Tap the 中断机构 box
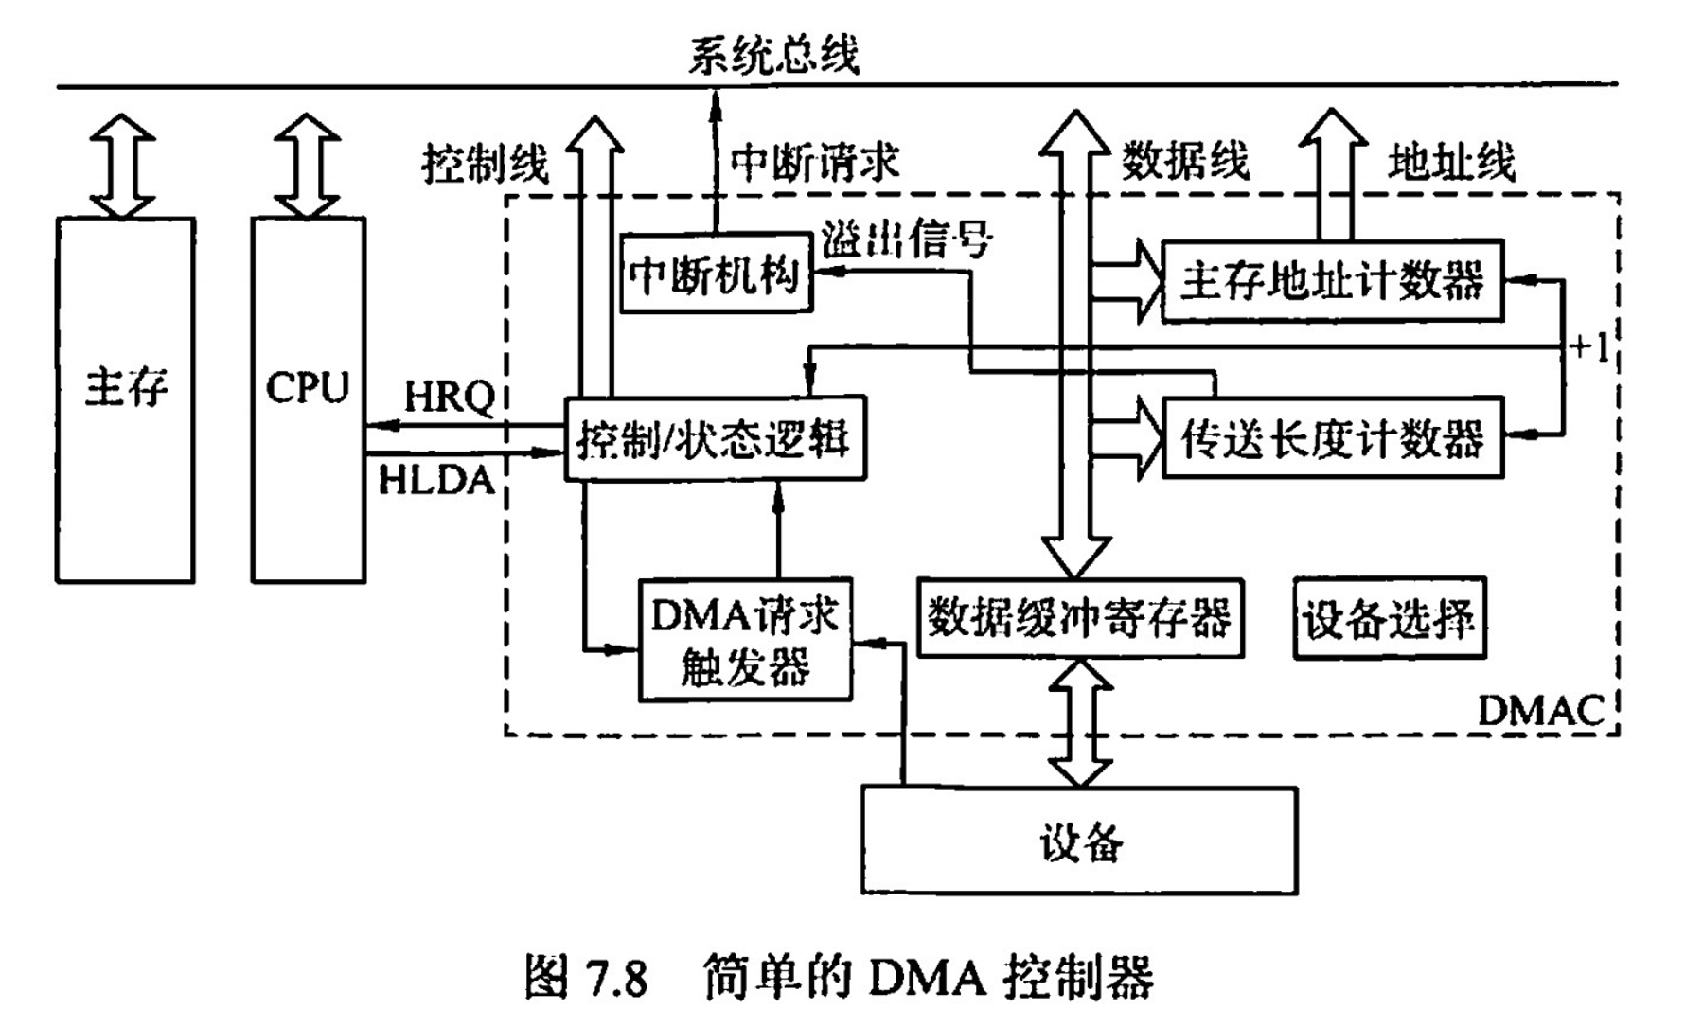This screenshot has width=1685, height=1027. [x=716, y=274]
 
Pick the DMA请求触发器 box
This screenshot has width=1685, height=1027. [x=745, y=640]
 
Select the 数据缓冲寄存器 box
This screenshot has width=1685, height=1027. [x=1079, y=618]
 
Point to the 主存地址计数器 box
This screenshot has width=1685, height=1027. [x=1331, y=280]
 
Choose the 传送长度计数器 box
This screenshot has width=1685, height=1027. [x=1331, y=438]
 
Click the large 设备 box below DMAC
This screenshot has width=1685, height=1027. [x=1079, y=841]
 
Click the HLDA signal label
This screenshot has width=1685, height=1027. [x=436, y=480]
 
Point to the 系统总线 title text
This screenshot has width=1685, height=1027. [x=772, y=54]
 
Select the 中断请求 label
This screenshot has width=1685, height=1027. [x=814, y=163]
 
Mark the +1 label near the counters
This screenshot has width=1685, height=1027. [x=1588, y=348]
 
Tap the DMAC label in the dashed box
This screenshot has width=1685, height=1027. [x=1540, y=710]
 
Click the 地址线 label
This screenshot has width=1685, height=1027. [x=1451, y=163]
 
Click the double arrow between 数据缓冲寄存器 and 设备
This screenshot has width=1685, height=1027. [x=1079, y=723]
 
